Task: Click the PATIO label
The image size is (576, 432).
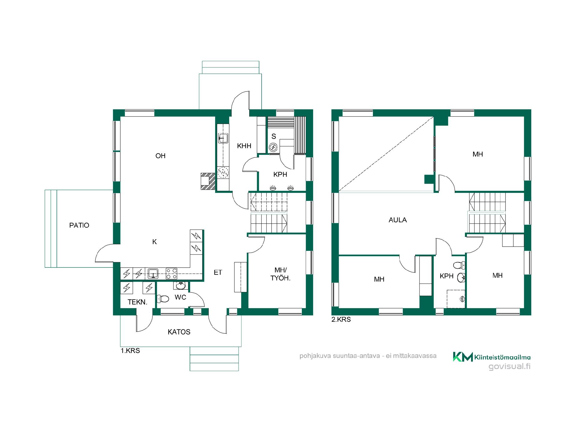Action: [x=79, y=225]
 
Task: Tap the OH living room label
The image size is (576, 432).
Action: [x=160, y=156]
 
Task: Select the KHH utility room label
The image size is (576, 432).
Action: [x=244, y=146]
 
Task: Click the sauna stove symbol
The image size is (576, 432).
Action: [x=273, y=147]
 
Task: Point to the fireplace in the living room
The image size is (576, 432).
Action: [x=208, y=181]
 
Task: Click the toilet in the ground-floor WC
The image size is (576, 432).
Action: [x=163, y=299]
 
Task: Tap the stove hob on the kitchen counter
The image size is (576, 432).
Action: [x=171, y=274]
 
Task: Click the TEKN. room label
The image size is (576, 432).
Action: [x=138, y=302]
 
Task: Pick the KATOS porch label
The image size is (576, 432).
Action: [x=179, y=332]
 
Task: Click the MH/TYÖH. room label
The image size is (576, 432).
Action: [x=280, y=274]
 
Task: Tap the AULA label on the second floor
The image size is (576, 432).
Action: [x=398, y=220]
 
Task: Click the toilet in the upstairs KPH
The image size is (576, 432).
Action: [x=459, y=265]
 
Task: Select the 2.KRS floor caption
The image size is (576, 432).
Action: [x=341, y=319]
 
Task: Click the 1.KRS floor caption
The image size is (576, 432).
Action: [x=130, y=351]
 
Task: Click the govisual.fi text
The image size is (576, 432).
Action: [x=509, y=367]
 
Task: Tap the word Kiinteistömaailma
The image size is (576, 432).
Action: [x=502, y=357]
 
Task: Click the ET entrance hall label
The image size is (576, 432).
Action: [x=218, y=272]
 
